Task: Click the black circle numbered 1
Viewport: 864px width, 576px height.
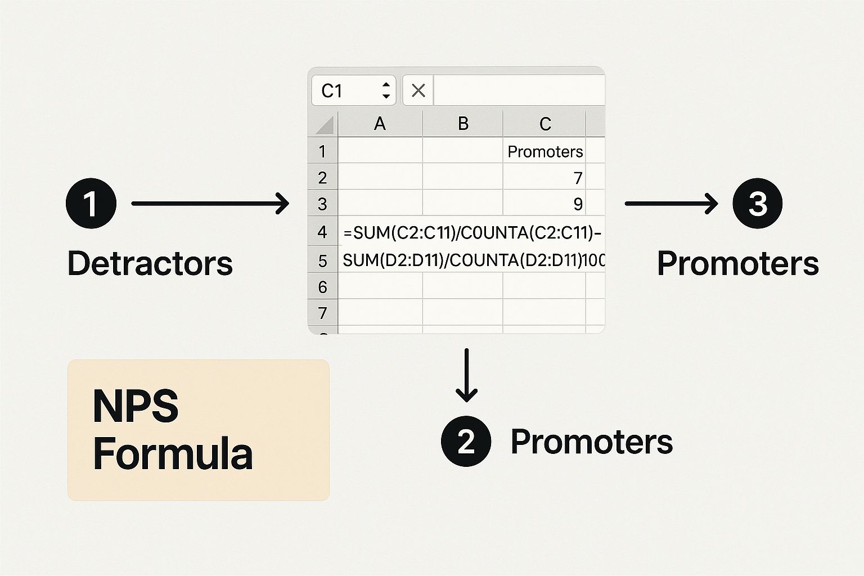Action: [x=91, y=203]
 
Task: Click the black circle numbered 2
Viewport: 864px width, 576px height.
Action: [x=466, y=442]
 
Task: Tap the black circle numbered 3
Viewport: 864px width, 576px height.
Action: [x=757, y=203]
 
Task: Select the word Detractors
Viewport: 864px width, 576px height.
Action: [x=150, y=263]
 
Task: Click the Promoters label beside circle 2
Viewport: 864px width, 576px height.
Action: [x=591, y=442]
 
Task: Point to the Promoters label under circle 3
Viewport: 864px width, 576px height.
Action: [x=737, y=263]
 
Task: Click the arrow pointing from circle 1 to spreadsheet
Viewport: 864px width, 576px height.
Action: [x=209, y=203]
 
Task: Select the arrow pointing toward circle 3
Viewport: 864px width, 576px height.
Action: [x=671, y=203]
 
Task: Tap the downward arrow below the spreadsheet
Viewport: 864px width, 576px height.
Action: [x=466, y=375]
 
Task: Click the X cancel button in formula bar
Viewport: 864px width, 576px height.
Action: [x=418, y=91]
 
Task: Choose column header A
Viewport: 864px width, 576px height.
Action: [x=380, y=124]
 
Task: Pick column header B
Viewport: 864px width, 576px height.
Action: [x=463, y=124]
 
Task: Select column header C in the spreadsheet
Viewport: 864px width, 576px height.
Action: [x=544, y=124]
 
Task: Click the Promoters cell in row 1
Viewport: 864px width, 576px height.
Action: [x=544, y=151]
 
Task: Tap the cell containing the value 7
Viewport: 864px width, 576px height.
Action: [x=544, y=178]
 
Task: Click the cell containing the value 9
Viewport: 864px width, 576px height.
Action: [x=544, y=204]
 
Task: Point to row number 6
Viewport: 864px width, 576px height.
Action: [x=322, y=287]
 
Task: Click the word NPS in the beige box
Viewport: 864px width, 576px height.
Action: [x=136, y=406]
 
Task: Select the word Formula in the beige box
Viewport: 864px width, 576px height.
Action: [x=173, y=454]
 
